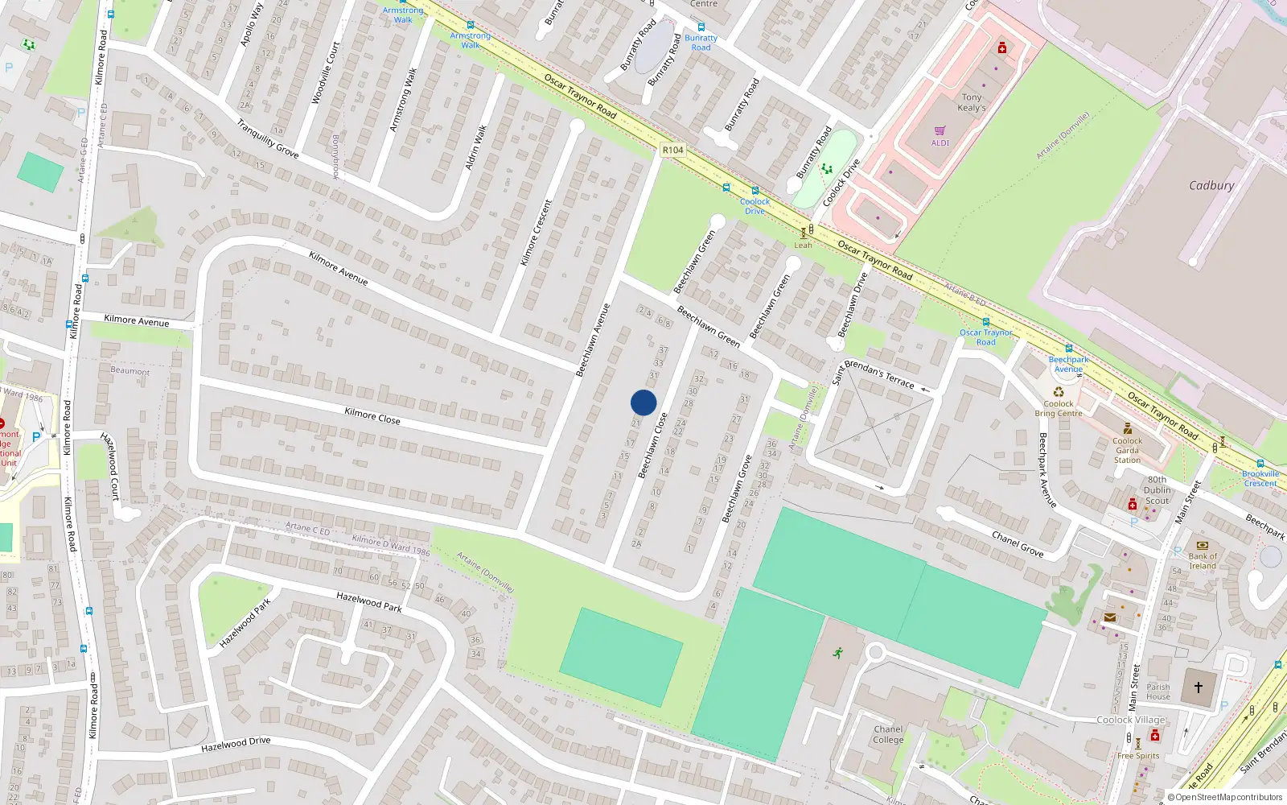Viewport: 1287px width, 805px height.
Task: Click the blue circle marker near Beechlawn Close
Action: coord(643,402)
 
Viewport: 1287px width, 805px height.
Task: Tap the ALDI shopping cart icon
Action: coord(940,130)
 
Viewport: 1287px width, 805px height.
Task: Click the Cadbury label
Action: coord(1211,185)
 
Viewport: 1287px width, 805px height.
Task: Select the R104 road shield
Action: coord(672,150)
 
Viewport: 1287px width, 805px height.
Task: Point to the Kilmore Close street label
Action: coord(372,415)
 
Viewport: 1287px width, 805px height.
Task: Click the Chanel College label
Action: coord(888,734)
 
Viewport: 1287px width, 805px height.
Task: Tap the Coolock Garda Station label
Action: coord(1127,450)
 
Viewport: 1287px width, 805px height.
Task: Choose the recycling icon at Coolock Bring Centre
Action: coord(1059,392)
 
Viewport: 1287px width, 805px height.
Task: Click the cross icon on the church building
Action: coord(1199,687)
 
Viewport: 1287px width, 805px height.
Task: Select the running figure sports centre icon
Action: coord(838,652)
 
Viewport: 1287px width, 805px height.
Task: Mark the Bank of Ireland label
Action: coord(1203,560)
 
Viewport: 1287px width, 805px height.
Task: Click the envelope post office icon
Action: coord(1110,617)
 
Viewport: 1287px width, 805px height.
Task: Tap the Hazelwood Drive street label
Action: coord(236,745)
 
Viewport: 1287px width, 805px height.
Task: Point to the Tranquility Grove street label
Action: coord(268,138)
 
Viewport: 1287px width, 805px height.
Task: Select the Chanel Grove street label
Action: coord(1018,544)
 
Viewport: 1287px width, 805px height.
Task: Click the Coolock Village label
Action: coord(1131,720)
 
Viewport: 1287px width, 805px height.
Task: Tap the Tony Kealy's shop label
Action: coord(972,102)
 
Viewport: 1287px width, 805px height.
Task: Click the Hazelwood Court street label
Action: coord(109,465)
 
